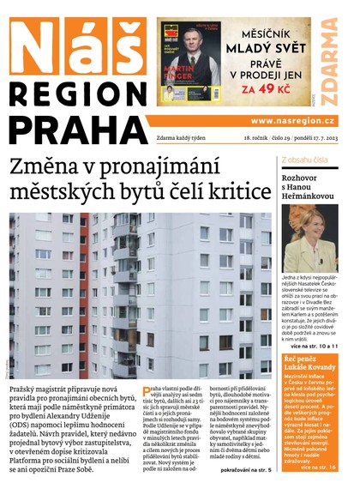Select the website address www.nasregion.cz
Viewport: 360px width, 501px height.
point(292,121)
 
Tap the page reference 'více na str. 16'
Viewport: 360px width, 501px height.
point(330,466)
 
